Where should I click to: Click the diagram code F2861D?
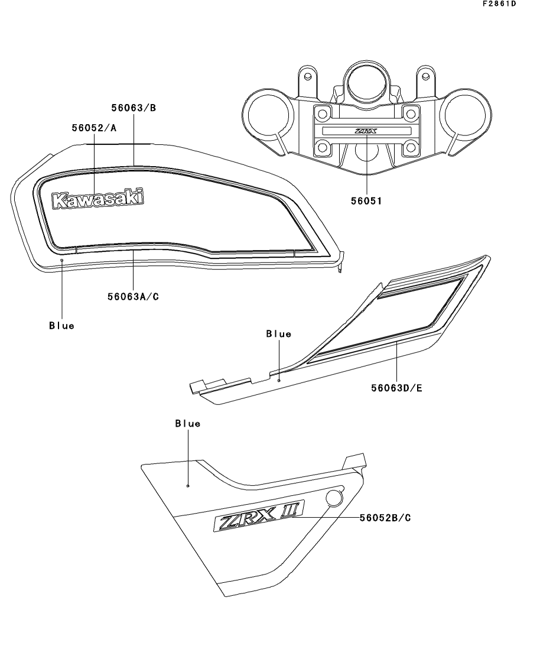pos(499,4)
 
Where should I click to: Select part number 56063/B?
pos(134,108)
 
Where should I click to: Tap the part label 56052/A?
pos(94,128)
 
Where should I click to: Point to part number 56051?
pos(366,201)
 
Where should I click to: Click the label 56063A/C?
pos(133,297)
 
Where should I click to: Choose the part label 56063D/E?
pos(396,388)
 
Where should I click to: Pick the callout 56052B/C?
pos(385,518)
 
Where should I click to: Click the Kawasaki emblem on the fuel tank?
pos(97,199)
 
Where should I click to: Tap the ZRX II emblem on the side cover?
pos(259,515)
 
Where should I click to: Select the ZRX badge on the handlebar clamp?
pos(366,131)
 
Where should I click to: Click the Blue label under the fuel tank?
pos(61,326)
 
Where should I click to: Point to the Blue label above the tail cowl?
pos(278,334)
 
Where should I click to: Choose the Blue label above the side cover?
pos(187,423)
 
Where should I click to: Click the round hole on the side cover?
pos(334,498)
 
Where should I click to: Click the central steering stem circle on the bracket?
pos(366,82)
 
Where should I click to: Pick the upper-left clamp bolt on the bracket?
pos(323,113)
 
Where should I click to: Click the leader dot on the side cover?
pos(188,486)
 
